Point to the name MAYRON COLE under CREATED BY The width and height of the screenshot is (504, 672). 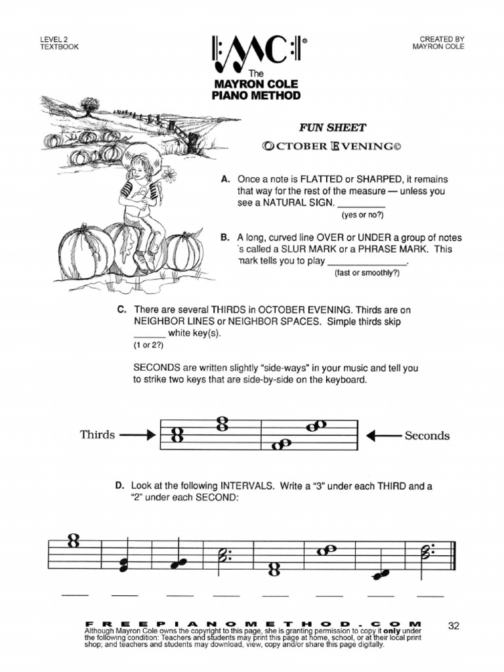[438, 47]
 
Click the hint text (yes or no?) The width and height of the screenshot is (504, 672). [362, 215]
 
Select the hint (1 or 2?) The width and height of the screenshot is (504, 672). [148, 345]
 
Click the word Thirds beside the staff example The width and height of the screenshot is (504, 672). [97, 434]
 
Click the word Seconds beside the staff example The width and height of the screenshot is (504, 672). [427, 435]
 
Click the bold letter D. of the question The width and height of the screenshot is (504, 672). [120, 486]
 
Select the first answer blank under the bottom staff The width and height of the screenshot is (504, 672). [74, 595]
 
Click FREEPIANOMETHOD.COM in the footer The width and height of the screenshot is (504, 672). [253, 622]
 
